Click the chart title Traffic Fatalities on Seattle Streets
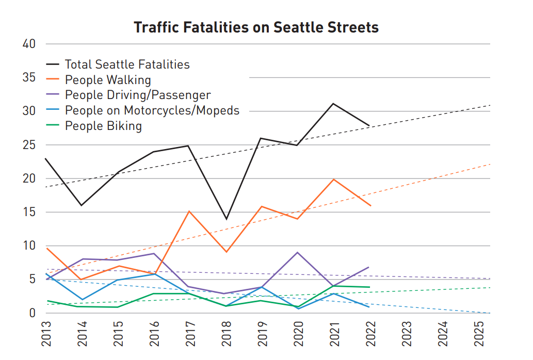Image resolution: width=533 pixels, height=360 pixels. pos(256,27)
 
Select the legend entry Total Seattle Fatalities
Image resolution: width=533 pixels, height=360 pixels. pos(127,64)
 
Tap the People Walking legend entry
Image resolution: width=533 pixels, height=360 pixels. pos(108,80)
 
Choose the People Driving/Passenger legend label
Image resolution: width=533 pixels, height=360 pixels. pos(138,95)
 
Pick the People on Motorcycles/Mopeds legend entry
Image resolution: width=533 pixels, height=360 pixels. pos(152,111)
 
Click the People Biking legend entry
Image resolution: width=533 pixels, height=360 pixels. pos(103,126)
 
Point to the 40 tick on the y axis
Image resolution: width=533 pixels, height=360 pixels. pos(29,44)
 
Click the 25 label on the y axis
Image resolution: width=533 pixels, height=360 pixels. pos(29,145)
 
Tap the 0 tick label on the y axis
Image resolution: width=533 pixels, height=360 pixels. pos(32,313)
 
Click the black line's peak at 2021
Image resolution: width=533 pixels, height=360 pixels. pos(333,104)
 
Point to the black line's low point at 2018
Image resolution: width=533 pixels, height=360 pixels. pos(226,219)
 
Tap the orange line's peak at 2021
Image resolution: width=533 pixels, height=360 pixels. pos(334,179)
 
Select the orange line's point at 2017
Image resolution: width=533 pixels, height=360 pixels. pos(189,211)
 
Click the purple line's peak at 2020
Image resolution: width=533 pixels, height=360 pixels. pos(298,252)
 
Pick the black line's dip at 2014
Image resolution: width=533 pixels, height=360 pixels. pos(82,205)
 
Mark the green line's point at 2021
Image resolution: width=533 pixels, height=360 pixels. pos(334,286)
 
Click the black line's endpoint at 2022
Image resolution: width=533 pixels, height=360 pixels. pos(369,125)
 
